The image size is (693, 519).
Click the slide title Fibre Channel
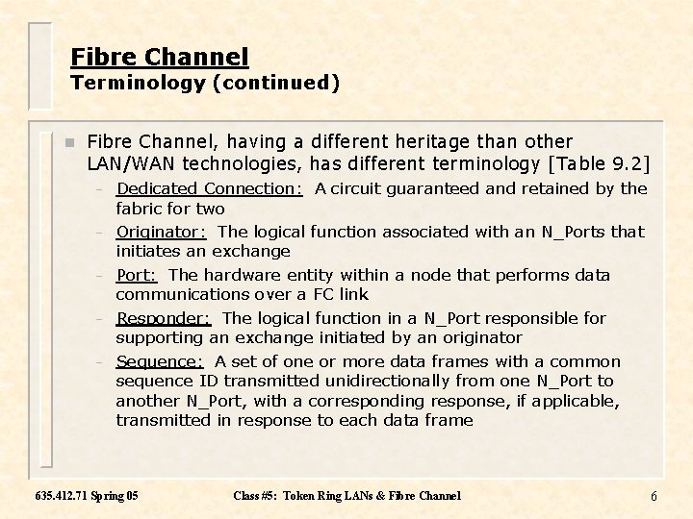pos(160,58)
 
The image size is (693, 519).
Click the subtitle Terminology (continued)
pos(205,83)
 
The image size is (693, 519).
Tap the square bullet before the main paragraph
pos(68,142)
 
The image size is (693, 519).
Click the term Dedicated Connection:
pos(210,188)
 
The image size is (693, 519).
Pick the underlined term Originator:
pos(162,232)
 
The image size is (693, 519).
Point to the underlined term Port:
pos(137,275)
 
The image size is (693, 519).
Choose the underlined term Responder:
pos(164,318)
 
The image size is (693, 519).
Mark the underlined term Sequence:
pos(160,361)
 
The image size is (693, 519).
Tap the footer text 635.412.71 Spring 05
pos(86,496)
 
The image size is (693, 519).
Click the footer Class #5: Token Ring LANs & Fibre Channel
pos(346,496)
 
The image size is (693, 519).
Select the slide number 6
pos(654,496)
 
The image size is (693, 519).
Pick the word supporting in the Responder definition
pos(158,337)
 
